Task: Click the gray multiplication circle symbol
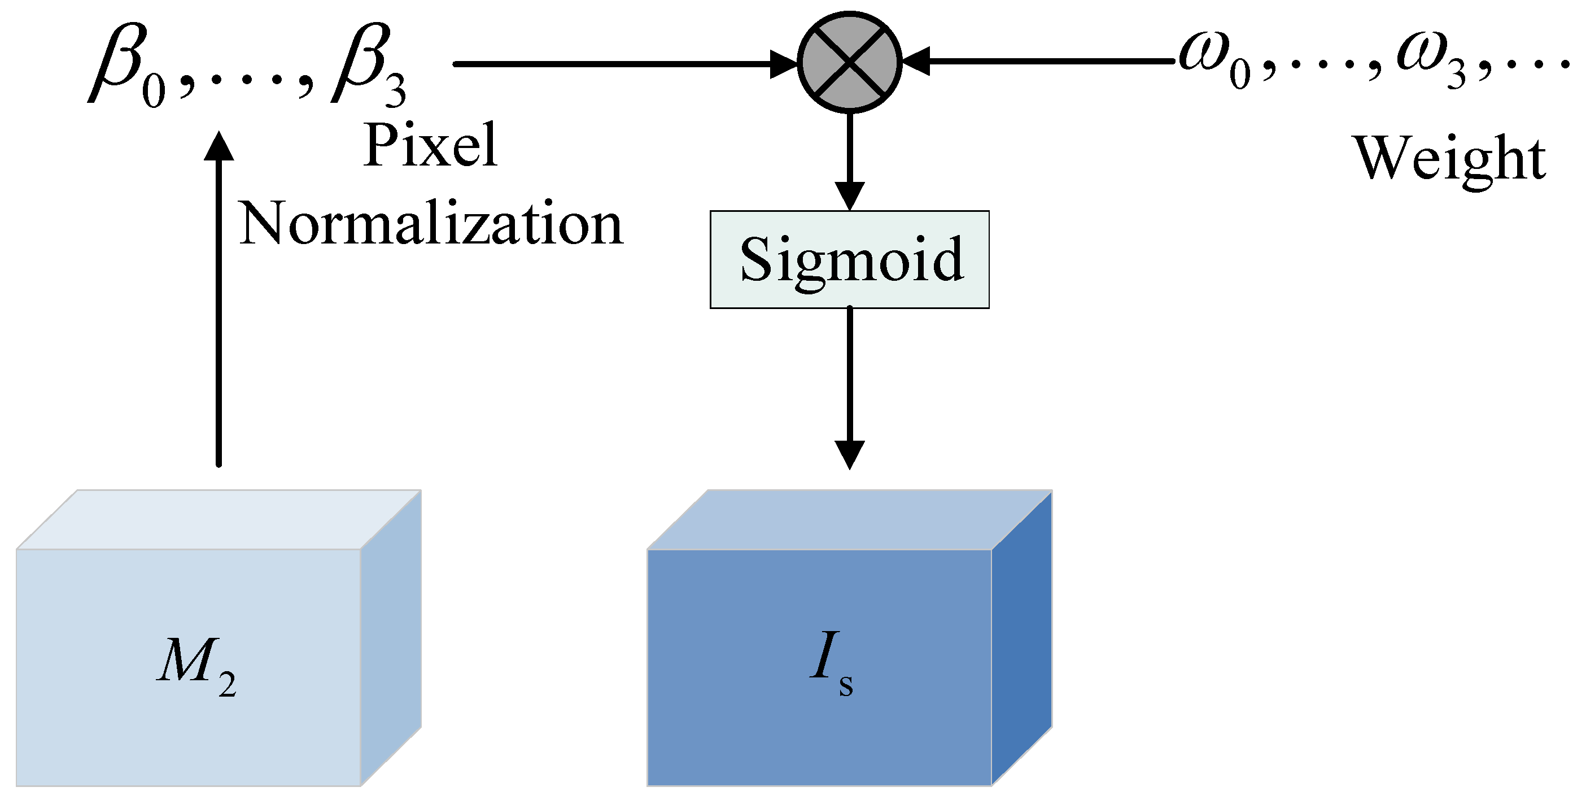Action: (x=850, y=62)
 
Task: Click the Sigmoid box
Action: (x=850, y=259)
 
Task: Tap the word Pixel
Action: (x=430, y=145)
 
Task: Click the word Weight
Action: (x=1448, y=158)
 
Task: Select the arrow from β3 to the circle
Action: (x=615, y=63)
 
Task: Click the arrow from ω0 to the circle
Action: (x=1041, y=61)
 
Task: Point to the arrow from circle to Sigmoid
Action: (x=850, y=160)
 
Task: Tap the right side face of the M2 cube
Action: (x=391, y=637)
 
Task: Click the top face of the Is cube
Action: (x=850, y=519)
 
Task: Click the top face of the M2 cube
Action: (x=219, y=519)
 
